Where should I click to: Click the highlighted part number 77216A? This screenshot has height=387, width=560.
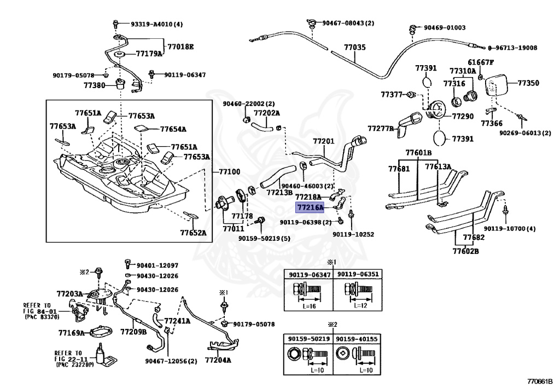310,207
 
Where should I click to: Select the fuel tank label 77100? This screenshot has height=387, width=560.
229,172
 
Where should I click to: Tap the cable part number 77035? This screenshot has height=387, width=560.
354,47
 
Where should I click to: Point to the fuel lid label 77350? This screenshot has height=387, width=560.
528,83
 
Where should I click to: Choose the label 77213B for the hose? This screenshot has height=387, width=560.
279,193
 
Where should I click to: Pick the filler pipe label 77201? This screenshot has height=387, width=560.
324,141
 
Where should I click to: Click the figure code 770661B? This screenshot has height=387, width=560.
540,382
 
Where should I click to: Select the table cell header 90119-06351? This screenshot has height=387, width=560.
358,274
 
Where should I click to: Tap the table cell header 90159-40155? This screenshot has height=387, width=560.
357,339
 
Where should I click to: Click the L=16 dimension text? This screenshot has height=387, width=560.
309,306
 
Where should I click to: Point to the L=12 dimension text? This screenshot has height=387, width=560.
360,306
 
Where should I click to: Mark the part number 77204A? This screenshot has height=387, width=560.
218,360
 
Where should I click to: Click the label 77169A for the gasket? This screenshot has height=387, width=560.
72,333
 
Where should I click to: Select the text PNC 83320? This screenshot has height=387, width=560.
43,317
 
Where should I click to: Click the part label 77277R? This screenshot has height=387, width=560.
381,128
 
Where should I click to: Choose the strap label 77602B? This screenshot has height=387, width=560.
466,251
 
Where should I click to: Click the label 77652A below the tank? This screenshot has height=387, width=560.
193,233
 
